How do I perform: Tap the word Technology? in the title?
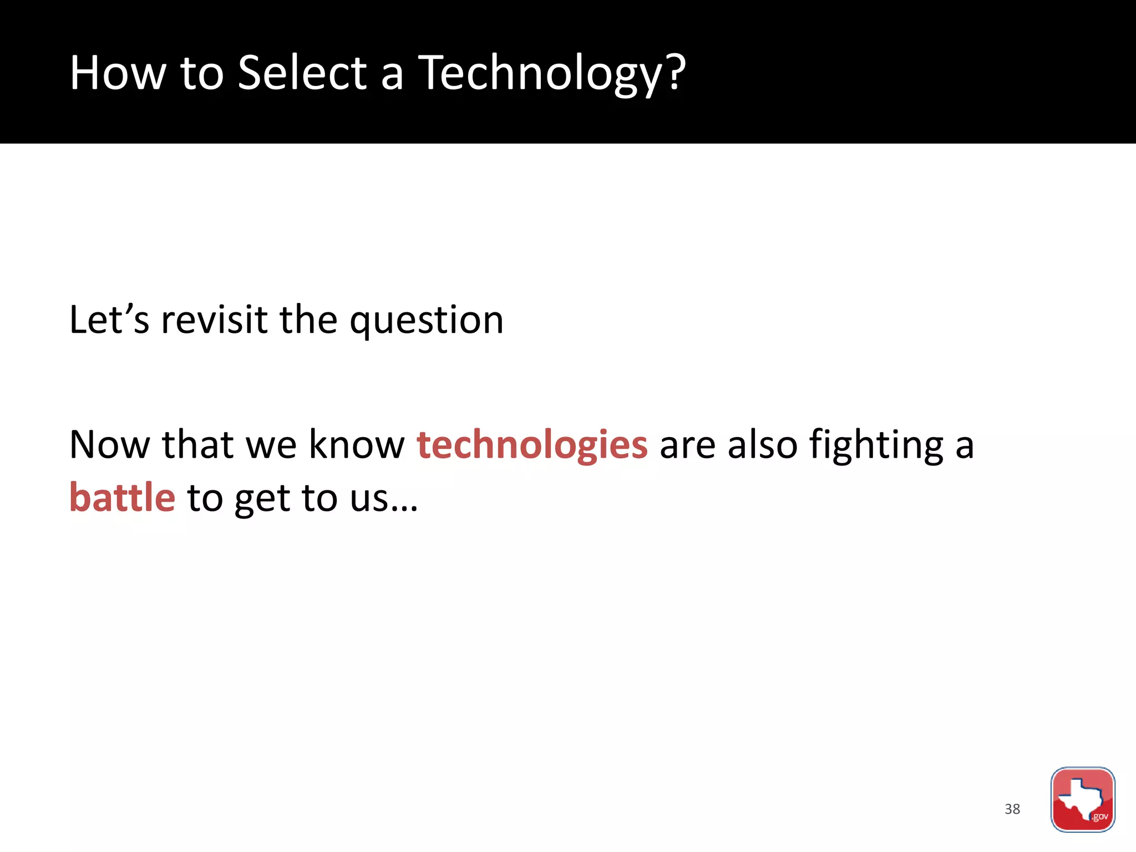point(551,74)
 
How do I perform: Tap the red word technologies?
point(532,445)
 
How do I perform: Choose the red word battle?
point(122,498)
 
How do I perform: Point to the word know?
point(357,444)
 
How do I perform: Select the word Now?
point(109,444)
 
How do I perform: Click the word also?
point(762,444)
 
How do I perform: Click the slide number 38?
point(1012,809)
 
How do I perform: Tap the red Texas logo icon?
point(1082,799)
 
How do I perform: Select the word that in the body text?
point(197,444)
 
